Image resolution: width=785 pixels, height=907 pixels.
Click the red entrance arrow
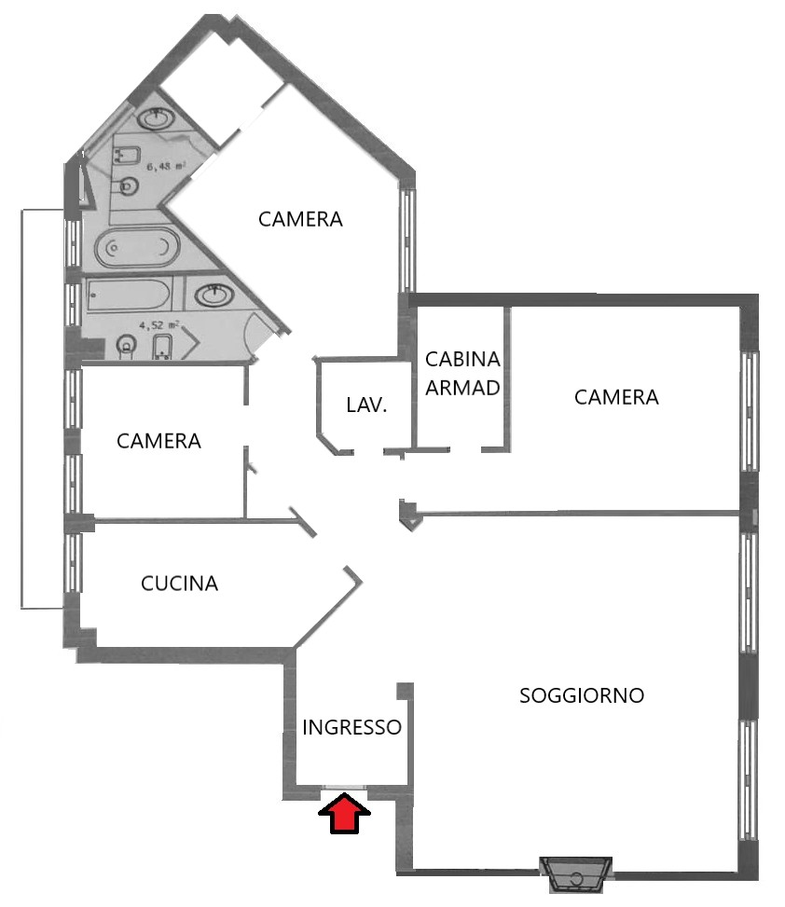coord(344,813)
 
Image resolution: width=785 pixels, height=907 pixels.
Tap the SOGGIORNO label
coord(582,695)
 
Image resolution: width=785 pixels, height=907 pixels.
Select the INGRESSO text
coord(351,727)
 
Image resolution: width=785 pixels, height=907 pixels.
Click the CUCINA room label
coord(179,584)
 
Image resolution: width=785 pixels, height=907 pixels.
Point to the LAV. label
coord(366,405)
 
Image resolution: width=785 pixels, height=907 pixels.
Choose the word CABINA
coord(462,359)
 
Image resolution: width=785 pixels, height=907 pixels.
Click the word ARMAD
coord(462,388)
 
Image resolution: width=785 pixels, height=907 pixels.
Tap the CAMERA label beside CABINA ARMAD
coord(616,397)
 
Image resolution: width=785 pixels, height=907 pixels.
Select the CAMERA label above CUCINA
coord(158,441)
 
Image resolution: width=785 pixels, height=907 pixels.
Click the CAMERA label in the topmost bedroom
coord(300,219)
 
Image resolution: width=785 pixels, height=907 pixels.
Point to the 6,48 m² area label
coord(166,167)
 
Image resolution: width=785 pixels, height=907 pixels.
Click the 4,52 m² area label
coord(159,325)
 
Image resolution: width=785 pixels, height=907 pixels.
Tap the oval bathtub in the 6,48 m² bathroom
coord(138,248)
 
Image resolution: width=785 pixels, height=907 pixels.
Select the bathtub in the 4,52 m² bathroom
coord(129,295)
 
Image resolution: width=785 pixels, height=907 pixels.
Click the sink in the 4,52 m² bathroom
coord(214,295)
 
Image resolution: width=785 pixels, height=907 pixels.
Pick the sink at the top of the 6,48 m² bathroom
coord(156,118)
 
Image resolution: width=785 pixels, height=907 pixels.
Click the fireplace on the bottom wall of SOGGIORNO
coord(575,874)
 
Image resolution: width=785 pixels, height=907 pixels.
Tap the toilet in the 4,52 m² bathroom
coord(127,347)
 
